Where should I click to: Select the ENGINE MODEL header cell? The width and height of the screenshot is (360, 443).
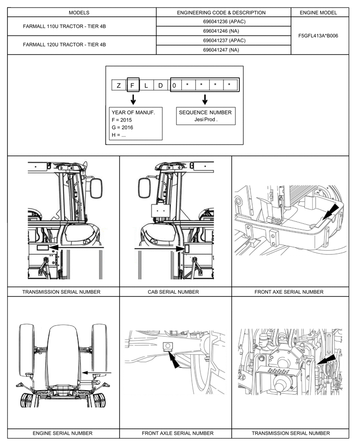[x=318, y=12]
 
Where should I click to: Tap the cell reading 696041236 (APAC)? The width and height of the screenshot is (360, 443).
[x=224, y=22]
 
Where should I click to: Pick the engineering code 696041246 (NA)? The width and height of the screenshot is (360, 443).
[x=224, y=31]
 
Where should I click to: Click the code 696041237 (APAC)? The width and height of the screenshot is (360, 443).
[x=224, y=40]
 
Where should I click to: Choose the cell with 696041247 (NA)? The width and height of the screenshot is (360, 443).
[x=224, y=50]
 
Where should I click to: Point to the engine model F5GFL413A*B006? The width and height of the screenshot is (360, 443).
[x=318, y=35]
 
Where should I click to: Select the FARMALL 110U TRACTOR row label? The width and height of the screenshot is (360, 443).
[x=64, y=27]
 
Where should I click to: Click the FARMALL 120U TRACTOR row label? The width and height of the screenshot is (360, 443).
[x=64, y=45]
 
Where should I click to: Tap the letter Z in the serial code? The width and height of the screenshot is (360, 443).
[x=119, y=85]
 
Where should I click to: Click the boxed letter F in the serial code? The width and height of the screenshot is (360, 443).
[x=133, y=85]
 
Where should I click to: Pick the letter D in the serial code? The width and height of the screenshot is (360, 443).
[x=160, y=85]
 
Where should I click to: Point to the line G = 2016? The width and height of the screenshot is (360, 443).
[x=122, y=128]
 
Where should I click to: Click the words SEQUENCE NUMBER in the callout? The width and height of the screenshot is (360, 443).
[x=205, y=113]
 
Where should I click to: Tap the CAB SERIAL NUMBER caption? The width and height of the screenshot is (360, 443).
[x=173, y=292]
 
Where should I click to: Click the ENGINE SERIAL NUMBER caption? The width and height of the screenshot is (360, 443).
[x=63, y=433]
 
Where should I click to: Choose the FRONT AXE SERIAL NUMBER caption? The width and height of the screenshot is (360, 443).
[x=289, y=292]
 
